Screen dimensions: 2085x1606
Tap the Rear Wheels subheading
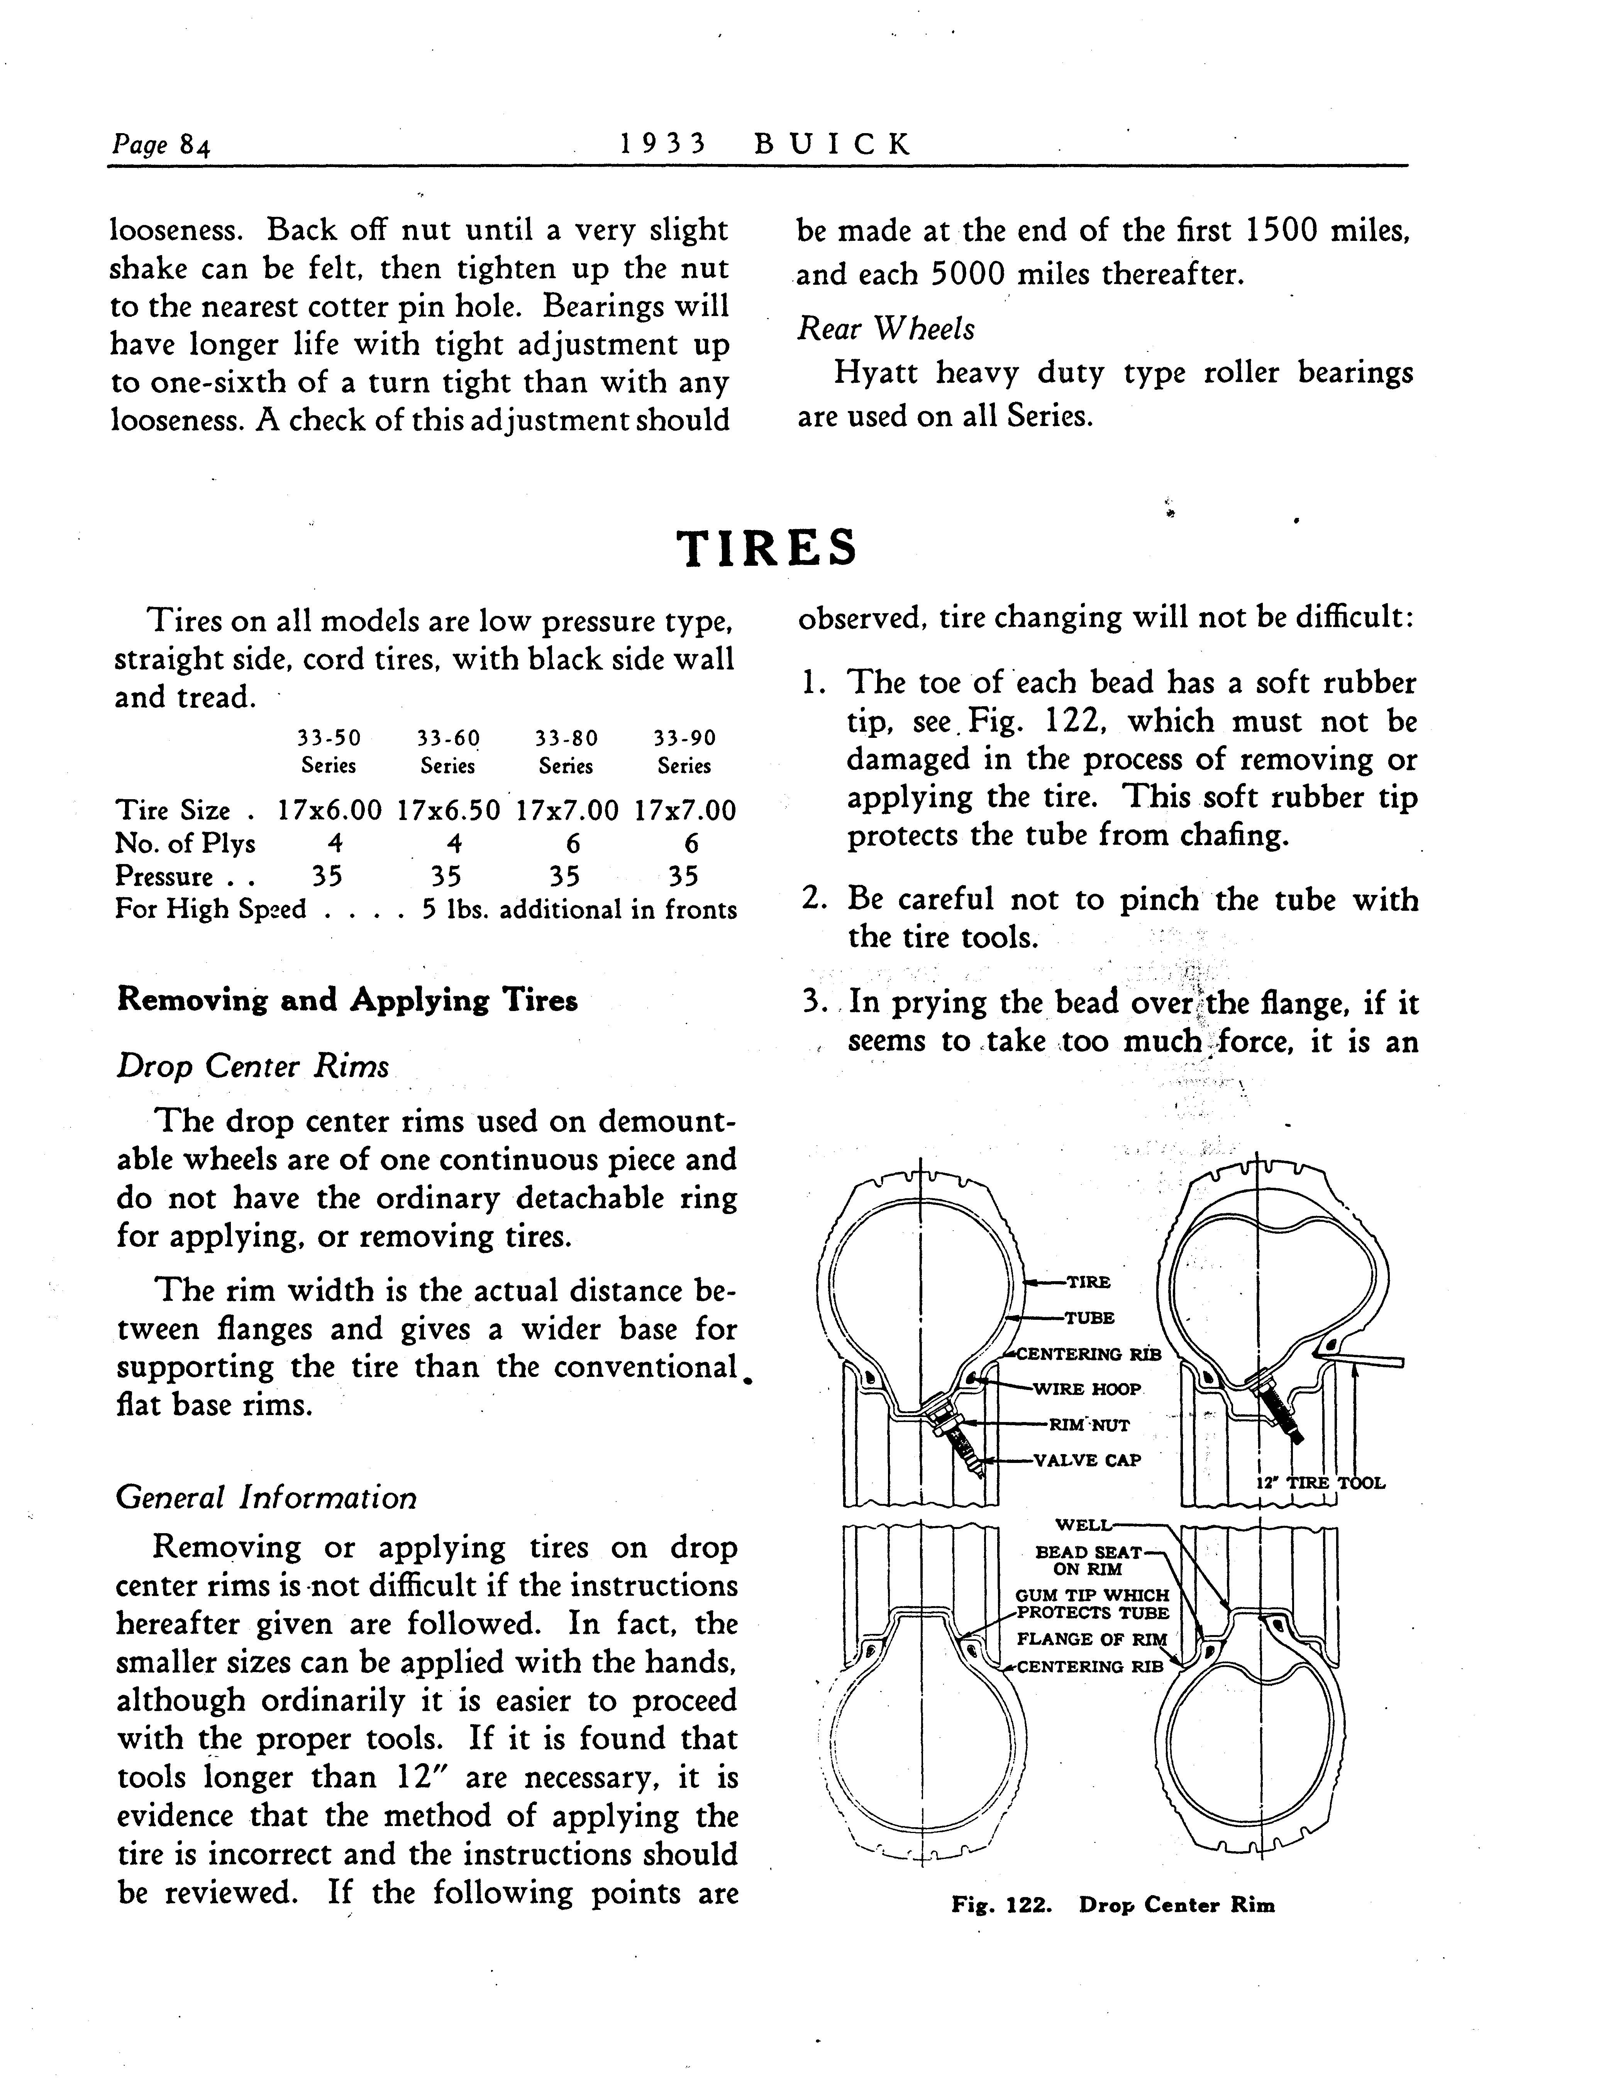point(885,328)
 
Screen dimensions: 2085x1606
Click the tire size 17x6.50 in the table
point(448,810)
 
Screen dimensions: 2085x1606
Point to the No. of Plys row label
point(185,843)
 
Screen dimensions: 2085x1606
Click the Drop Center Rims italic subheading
point(252,1065)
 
